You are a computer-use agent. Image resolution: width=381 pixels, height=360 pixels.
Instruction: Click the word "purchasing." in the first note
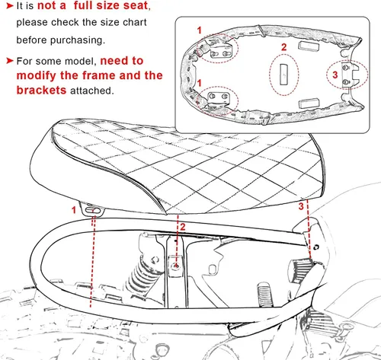78,40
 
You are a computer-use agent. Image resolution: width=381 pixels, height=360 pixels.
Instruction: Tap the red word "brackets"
41,90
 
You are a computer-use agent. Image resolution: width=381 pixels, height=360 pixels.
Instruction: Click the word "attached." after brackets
91,91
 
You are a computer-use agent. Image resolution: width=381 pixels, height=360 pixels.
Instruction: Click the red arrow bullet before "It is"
9,6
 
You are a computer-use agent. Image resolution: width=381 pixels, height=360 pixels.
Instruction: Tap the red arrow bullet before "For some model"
9,61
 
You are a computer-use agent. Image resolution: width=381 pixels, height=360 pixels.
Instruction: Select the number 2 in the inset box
283,47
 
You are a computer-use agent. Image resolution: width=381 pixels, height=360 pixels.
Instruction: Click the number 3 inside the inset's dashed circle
335,75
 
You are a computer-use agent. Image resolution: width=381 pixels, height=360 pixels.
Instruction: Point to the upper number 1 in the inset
200,30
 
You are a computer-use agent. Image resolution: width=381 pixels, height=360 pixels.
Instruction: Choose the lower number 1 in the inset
200,83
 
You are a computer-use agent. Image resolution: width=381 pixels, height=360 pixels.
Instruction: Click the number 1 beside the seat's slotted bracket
74,210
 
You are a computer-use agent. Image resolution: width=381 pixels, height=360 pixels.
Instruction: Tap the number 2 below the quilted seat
183,227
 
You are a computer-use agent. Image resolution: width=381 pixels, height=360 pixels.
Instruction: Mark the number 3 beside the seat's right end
301,206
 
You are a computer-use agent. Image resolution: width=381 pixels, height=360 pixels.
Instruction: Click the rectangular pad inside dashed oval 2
283,74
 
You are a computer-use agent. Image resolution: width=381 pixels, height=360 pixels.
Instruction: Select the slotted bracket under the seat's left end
91,209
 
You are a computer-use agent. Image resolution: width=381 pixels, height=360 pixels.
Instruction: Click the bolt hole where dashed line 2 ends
176,266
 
